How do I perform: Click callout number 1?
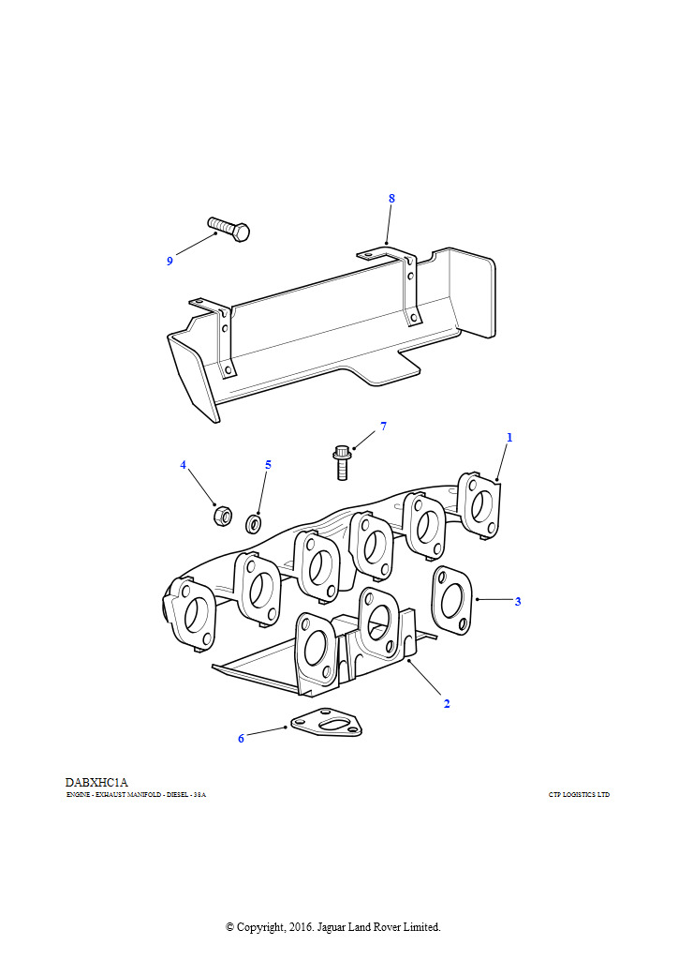pyautogui.click(x=509, y=438)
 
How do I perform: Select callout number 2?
pyautogui.click(x=447, y=703)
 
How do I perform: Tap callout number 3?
pyautogui.click(x=517, y=602)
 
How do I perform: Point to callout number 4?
pyautogui.click(x=184, y=465)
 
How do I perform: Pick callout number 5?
pyautogui.click(x=268, y=465)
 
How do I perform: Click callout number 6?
pyautogui.click(x=241, y=739)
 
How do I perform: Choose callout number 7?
pyautogui.click(x=383, y=427)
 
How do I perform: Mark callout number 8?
pyautogui.click(x=391, y=199)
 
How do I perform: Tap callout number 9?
pyautogui.click(x=169, y=262)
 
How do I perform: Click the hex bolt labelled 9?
pyautogui.click(x=228, y=228)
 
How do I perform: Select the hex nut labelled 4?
pyautogui.click(x=222, y=515)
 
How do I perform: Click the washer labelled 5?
pyautogui.click(x=253, y=522)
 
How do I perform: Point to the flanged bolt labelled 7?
pyautogui.click(x=341, y=461)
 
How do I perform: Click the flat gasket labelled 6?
pyautogui.click(x=326, y=724)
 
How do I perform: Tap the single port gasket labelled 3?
pyautogui.click(x=452, y=599)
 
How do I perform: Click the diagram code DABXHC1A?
pyautogui.click(x=96, y=782)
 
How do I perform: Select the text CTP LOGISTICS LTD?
pyautogui.click(x=579, y=795)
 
